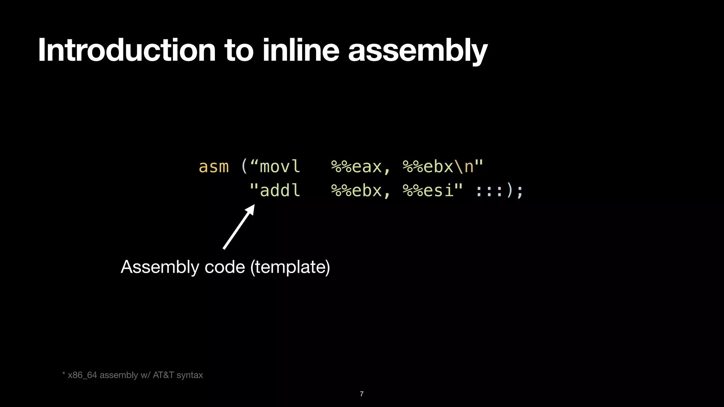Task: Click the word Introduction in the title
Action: (x=127, y=50)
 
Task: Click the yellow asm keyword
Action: (x=214, y=167)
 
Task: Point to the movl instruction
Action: (x=280, y=167)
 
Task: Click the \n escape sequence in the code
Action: (x=464, y=167)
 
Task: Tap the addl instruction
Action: (x=280, y=190)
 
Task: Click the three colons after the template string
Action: (x=489, y=191)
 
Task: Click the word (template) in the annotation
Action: (x=290, y=267)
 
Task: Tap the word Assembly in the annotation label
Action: (x=160, y=267)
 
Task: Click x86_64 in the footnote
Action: (x=82, y=375)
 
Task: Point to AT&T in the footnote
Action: (x=163, y=375)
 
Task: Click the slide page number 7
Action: (x=362, y=394)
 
